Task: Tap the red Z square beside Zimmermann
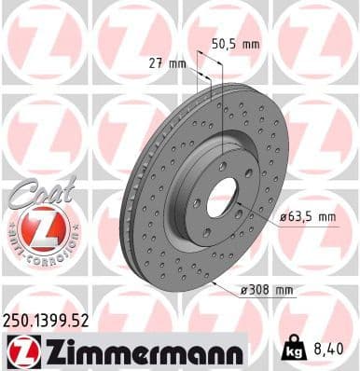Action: click(x=17, y=351)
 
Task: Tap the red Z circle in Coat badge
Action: click(x=35, y=227)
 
